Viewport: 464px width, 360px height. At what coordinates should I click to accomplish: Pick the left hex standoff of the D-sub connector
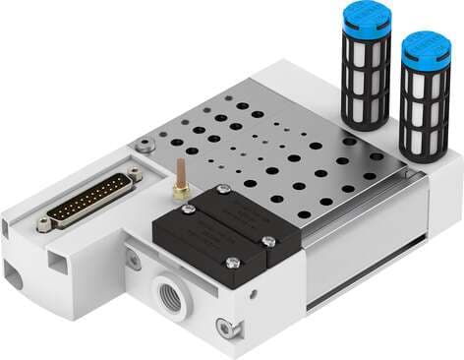tap(43, 225)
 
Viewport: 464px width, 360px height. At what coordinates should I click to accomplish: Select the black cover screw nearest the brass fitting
tap(223, 190)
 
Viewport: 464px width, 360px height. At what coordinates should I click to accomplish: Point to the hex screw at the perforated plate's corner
tap(145, 146)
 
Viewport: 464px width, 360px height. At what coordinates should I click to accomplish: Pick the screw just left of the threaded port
tap(131, 260)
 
